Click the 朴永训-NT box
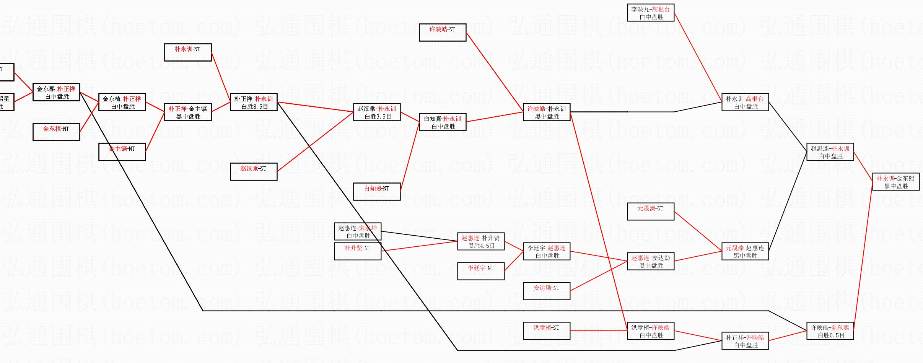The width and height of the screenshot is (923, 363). pyautogui.click(x=188, y=52)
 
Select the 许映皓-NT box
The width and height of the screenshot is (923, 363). pyautogui.click(x=443, y=33)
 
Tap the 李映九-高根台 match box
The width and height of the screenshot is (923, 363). pyautogui.click(x=651, y=13)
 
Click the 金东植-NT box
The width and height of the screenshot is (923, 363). pyautogui.click(x=56, y=132)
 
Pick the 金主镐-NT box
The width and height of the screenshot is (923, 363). pyautogui.click(x=122, y=152)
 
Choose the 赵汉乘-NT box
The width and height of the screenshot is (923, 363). pyautogui.click(x=254, y=172)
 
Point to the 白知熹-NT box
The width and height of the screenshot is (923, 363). pyautogui.click(x=377, y=192)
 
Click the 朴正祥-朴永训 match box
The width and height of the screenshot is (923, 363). pyautogui.click(x=254, y=102)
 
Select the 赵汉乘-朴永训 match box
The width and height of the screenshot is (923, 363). pyautogui.click(x=377, y=112)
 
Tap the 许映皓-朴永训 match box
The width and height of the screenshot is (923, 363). pyautogui.click(x=547, y=112)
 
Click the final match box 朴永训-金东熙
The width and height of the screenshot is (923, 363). pyautogui.click(x=895, y=182)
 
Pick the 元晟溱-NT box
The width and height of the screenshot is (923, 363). pyautogui.click(x=651, y=212)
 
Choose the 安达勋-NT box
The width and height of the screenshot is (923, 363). pyautogui.click(x=547, y=291)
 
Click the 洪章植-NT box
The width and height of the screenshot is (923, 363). pyautogui.click(x=547, y=331)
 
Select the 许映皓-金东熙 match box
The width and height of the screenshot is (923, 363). pyautogui.click(x=830, y=331)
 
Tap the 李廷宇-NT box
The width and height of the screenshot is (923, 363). pyautogui.click(x=481, y=271)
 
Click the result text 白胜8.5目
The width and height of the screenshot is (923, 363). pyautogui.click(x=254, y=107)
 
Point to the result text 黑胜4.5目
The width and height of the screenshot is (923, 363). pyautogui.click(x=482, y=246)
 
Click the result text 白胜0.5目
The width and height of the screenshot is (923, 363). pyautogui.click(x=831, y=335)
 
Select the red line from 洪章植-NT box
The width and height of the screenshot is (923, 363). pyautogui.click(x=599, y=330)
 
